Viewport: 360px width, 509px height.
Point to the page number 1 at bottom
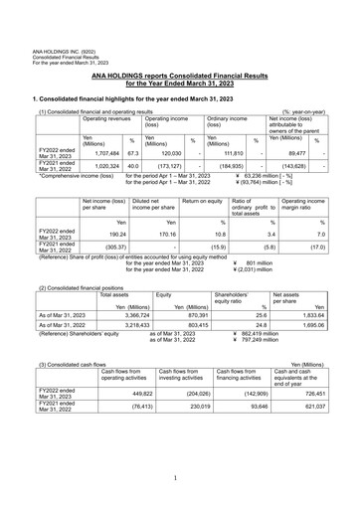pyautogui.click(x=180, y=477)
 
